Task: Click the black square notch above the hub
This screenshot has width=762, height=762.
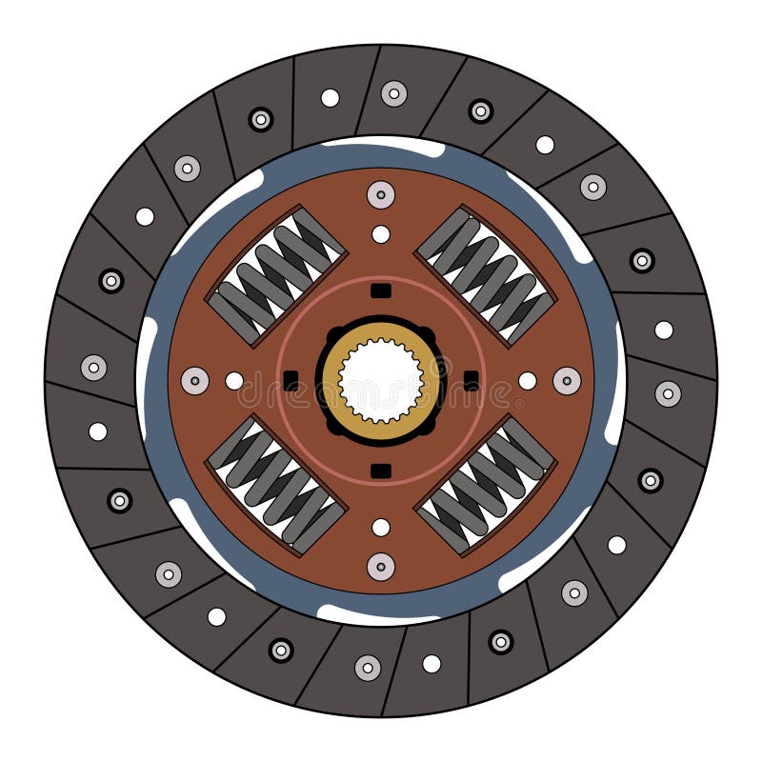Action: coord(381,291)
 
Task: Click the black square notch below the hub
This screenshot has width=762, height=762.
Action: coord(381,471)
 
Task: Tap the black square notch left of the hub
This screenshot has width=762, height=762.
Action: coord(291,381)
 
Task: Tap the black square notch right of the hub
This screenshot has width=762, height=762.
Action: coord(471,381)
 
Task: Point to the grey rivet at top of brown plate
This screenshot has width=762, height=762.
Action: coord(381,195)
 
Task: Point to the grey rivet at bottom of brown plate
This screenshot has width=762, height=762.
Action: coord(381,567)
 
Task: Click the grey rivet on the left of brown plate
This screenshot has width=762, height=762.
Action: coord(195,381)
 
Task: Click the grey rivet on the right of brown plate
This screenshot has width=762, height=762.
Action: coord(567,381)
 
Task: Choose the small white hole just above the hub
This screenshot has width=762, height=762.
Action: coord(381,234)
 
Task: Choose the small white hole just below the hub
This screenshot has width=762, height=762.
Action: coord(381,527)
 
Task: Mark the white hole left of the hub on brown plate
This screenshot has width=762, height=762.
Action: coord(234,381)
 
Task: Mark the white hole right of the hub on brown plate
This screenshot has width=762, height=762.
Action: coord(527,381)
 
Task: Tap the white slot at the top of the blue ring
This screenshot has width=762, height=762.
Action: coord(381,146)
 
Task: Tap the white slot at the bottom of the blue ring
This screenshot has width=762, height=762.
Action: coord(381,615)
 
